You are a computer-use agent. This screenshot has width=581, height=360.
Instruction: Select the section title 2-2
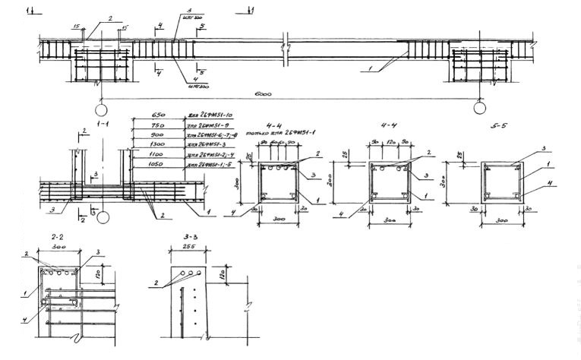click(x=49, y=238)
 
